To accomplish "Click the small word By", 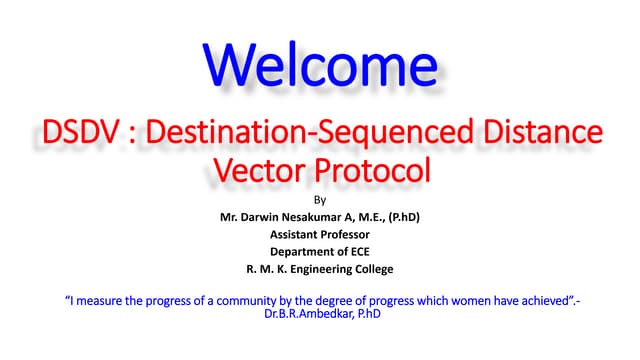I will (x=320, y=198).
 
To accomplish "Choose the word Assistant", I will (x=288, y=234).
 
